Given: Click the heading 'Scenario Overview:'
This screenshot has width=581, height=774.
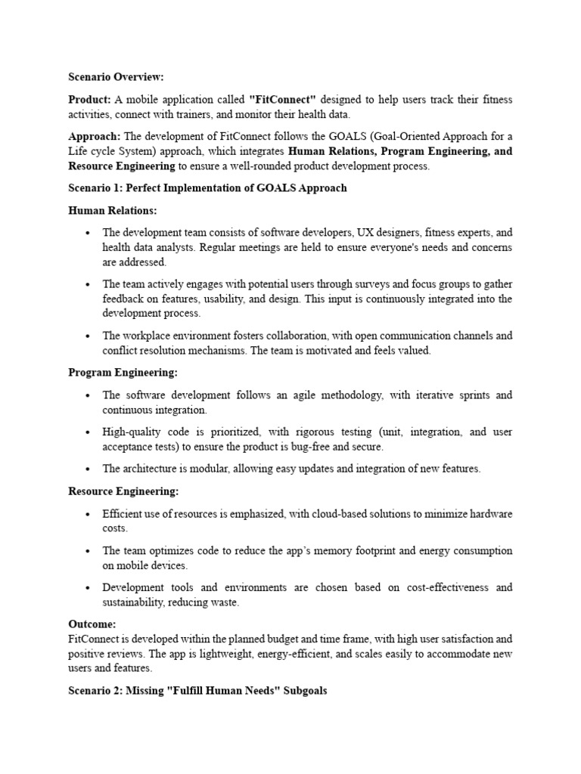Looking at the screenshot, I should point(116,77).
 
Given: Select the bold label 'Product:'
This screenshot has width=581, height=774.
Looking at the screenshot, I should point(90,100).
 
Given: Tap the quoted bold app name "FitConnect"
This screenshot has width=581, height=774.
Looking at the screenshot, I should point(282,100).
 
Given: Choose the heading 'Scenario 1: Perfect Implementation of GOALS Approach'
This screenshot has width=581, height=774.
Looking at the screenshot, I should point(207,187).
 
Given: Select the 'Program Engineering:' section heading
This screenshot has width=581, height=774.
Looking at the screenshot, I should point(123,373).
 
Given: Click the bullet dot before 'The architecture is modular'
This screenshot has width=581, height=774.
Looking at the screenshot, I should point(89,469).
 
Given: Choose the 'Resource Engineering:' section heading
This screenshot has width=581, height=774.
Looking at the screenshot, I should point(123,491).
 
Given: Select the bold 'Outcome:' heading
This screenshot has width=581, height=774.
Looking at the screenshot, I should point(92,624).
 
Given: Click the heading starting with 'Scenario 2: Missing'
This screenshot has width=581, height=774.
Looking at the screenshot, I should point(197,691).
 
